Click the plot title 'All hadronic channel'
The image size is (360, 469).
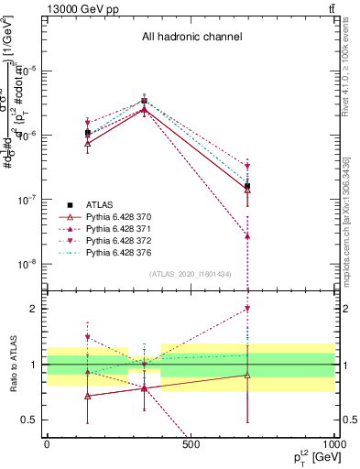(191, 38)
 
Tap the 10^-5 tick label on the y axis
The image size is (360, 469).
(27, 71)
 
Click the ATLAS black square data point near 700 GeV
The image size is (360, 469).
(246, 186)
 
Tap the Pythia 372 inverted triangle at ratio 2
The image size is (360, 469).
(246, 309)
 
